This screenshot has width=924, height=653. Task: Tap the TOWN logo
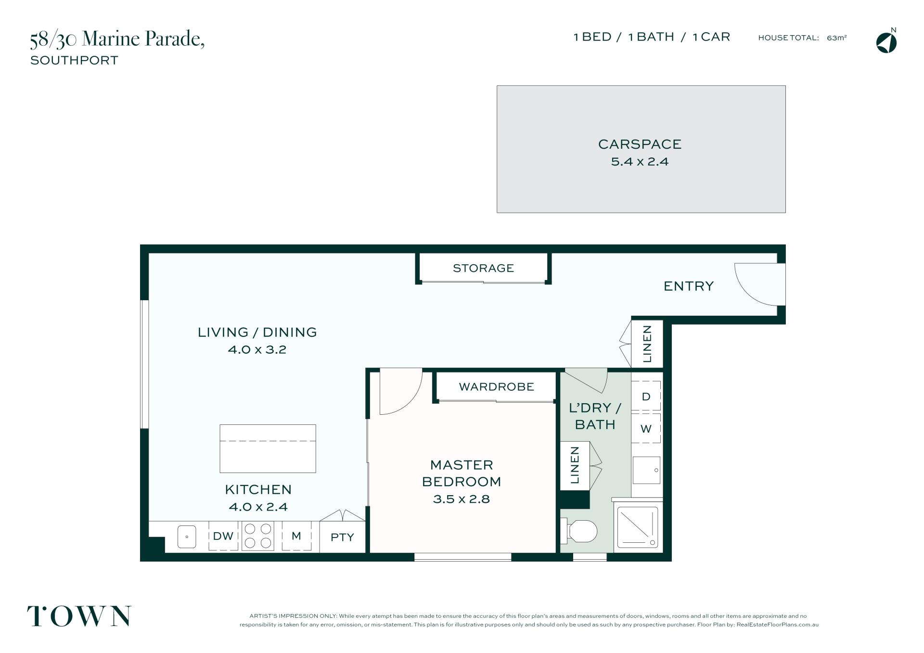coord(79,616)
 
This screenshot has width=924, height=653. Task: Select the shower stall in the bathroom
coord(638,527)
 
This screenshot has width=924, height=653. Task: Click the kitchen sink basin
coord(187,537)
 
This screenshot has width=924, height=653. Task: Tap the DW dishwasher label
coord(223,536)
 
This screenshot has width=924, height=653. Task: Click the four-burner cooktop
coord(257,536)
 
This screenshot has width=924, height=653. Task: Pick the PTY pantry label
coord(342,537)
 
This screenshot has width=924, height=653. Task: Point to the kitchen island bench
coord(268,448)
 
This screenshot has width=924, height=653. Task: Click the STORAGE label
coord(483,268)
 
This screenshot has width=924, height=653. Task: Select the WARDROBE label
coord(497,387)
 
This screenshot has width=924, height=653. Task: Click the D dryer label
coord(646,397)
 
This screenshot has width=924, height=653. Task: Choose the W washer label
coord(646,429)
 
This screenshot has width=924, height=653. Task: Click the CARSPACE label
coord(640,144)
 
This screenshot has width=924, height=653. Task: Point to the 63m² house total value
coord(836,38)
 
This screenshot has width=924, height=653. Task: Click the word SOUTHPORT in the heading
coord(74,60)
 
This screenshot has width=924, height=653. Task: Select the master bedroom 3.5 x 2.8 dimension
coord(461,499)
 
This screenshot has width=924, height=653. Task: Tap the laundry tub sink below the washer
coord(646,470)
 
